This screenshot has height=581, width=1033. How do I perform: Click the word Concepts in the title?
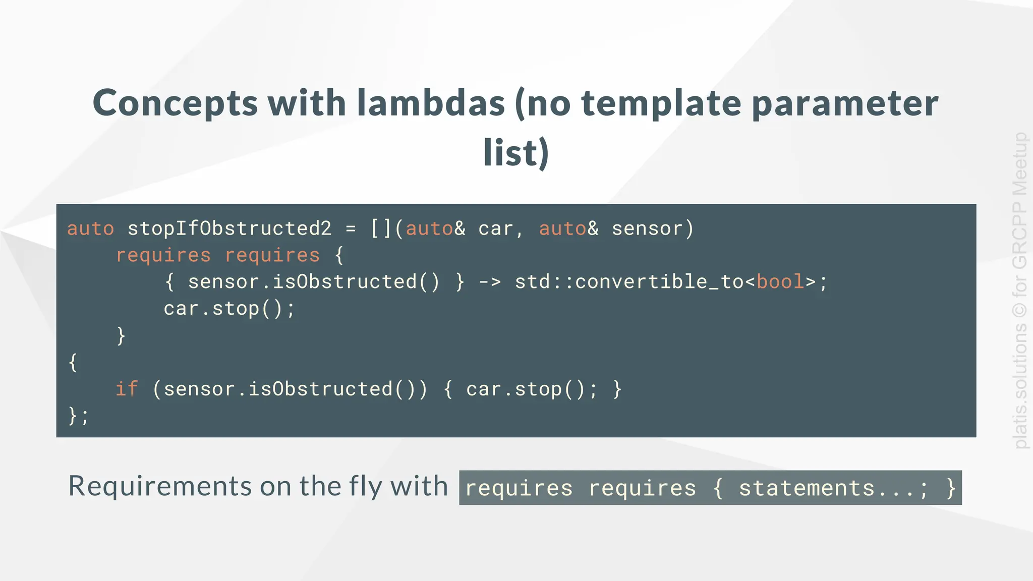(x=176, y=103)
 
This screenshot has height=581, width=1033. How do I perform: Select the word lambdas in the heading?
(x=431, y=102)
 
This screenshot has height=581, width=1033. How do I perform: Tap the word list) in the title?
(x=516, y=152)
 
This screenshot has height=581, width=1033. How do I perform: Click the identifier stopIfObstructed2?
(x=229, y=228)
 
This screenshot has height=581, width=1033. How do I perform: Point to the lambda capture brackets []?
(x=381, y=228)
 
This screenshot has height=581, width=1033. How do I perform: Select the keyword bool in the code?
(x=780, y=281)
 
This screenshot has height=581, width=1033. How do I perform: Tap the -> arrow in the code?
(x=489, y=281)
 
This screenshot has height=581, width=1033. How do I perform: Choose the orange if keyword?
(x=127, y=389)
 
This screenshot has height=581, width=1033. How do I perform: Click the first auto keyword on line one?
(x=91, y=228)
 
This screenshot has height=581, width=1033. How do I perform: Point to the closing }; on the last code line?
(x=78, y=416)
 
